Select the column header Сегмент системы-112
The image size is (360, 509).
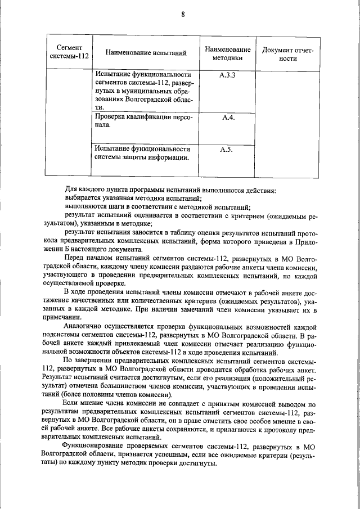click(68, 52)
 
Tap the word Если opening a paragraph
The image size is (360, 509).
click(70, 403)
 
